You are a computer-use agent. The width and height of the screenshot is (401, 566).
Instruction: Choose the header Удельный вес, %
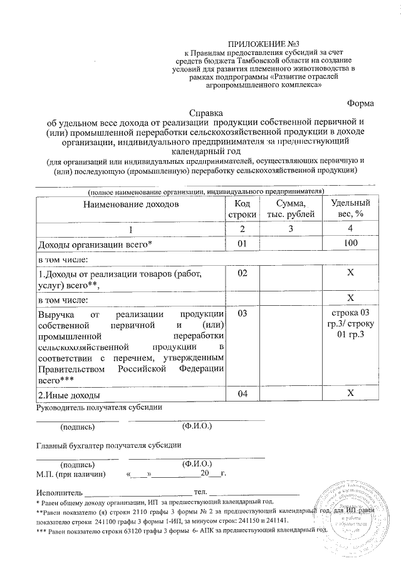coord(350,210)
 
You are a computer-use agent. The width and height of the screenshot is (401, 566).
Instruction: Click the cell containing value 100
coord(350,244)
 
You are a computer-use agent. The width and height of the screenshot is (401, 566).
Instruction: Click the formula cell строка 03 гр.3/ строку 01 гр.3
coord(350,325)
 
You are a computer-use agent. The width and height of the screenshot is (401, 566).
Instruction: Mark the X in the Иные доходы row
coord(350,394)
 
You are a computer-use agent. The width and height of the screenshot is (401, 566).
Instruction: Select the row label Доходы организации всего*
coord(96,245)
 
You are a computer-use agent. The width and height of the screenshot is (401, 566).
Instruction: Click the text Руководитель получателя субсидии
coord(101,408)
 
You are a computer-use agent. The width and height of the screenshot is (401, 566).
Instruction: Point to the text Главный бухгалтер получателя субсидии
coord(109,446)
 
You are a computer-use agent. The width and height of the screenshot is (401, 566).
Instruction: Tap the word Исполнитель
coord(60,492)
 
